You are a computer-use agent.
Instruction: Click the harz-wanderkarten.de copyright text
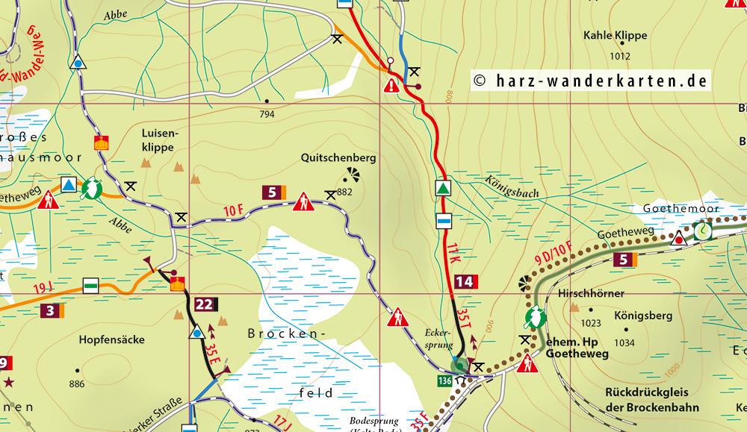590,81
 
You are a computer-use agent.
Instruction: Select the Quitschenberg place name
338,158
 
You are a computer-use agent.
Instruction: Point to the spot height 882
344,192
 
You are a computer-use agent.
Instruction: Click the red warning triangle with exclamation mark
391,87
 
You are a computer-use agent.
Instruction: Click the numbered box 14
464,282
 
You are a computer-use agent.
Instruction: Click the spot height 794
267,114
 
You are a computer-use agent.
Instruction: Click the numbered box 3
50,310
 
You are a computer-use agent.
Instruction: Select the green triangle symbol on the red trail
444,188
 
